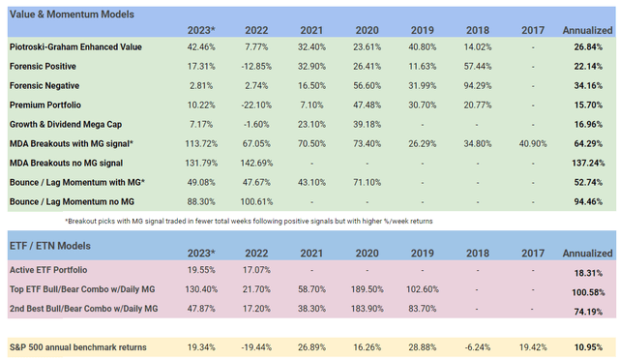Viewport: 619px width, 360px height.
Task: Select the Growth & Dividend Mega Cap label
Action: (x=75, y=125)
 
